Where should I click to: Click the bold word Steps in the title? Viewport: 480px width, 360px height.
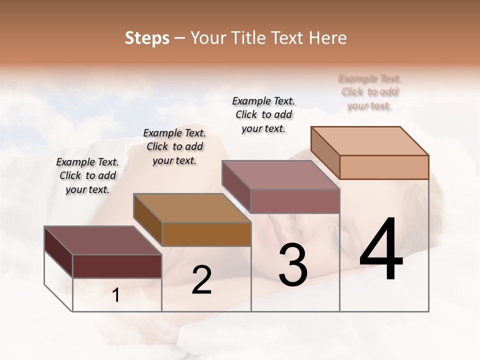[147, 38]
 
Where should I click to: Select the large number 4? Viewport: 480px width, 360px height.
[381, 250]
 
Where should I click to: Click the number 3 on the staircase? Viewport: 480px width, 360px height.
[293, 265]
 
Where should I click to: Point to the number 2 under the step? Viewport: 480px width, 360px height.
[201, 280]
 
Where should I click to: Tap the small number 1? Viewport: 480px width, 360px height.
[116, 295]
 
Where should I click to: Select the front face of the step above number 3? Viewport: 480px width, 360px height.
[295, 201]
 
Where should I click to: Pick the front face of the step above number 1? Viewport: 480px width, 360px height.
[117, 266]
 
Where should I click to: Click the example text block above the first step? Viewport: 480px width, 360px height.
[87, 175]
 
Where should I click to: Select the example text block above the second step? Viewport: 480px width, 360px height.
[174, 146]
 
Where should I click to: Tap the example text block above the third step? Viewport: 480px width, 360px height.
[263, 114]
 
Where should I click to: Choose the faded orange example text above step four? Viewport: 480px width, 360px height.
[369, 92]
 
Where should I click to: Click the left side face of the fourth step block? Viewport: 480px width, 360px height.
[325, 153]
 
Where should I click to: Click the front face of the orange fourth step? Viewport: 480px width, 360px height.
[384, 167]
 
